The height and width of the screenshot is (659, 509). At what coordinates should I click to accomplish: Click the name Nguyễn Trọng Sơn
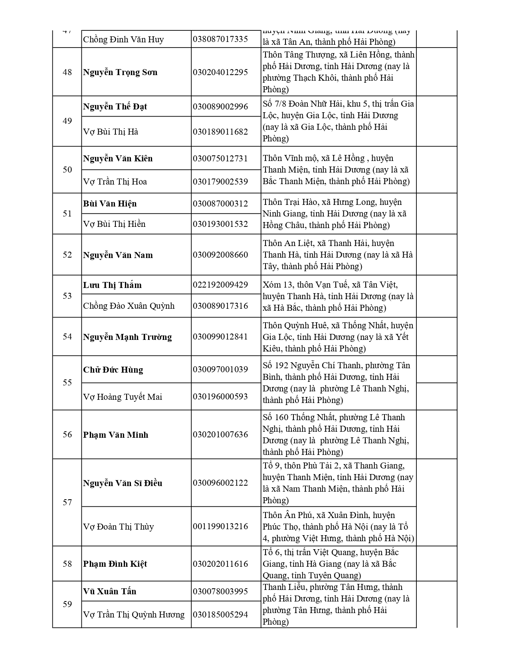pyautogui.click(x=120, y=72)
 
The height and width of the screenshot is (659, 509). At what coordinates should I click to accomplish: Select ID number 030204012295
pyautogui.click(x=220, y=72)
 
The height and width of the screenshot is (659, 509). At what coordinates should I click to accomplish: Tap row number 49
pyautogui.click(x=67, y=121)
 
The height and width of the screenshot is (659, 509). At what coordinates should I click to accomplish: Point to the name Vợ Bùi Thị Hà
pyautogui.click(x=111, y=132)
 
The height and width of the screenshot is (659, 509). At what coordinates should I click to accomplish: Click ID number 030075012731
pyautogui.click(x=220, y=159)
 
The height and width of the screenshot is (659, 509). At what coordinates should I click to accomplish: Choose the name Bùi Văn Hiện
pyautogui.click(x=110, y=204)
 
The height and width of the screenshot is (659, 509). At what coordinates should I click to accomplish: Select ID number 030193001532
pyautogui.click(x=220, y=224)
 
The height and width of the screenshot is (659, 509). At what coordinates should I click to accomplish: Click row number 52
pyautogui.click(x=67, y=255)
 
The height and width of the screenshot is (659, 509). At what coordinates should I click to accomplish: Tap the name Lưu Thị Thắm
pyautogui.click(x=112, y=285)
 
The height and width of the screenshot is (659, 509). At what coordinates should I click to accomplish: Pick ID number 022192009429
pyautogui.click(x=220, y=285)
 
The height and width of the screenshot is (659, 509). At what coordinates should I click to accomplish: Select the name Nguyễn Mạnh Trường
pyautogui.click(x=127, y=337)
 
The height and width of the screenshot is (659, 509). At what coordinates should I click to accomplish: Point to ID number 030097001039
pyautogui.click(x=220, y=369)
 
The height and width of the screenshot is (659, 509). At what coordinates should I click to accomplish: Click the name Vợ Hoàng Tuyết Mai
pyautogui.click(x=123, y=397)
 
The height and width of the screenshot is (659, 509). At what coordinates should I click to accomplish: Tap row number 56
pyautogui.click(x=67, y=435)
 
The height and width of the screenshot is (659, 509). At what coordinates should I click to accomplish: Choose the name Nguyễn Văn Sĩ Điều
pyautogui.click(x=123, y=483)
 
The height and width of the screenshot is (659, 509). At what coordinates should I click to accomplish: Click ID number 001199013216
pyautogui.click(x=220, y=526)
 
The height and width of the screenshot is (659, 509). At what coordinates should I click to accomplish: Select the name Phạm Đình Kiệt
pyautogui.click(x=115, y=564)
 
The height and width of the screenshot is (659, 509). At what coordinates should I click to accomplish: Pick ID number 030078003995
pyautogui.click(x=220, y=592)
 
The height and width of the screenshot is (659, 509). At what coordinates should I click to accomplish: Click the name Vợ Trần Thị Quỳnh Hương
pyautogui.click(x=134, y=615)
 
